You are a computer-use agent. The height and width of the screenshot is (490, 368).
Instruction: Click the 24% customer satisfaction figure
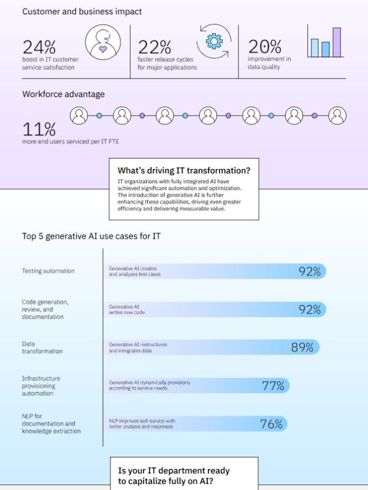click(39, 47)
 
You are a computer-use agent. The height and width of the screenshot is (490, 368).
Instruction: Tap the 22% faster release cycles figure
click(154, 47)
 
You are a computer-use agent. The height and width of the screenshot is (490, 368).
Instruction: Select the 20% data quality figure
click(264, 47)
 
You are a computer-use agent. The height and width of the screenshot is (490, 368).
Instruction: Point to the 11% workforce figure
click(39, 129)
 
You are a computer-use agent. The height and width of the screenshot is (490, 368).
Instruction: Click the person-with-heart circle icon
click(102, 43)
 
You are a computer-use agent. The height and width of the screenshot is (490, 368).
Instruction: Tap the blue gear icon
click(213, 41)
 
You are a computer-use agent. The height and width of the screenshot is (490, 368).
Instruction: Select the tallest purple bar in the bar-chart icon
click(337, 42)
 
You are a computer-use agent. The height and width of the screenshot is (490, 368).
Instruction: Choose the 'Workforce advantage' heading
click(63, 94)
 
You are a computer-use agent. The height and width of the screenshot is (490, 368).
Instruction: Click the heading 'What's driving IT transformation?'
click(184, 170)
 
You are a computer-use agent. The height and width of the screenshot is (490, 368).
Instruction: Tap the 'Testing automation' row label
click(48, 271)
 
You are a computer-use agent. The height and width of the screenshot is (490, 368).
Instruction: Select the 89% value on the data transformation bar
click(302, 347)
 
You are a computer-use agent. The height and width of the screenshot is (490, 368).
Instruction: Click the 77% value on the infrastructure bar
click(273, 385)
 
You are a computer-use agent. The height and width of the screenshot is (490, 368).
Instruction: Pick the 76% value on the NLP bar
click(271, 423)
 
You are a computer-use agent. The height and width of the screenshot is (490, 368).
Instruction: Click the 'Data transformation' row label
click(42, 347)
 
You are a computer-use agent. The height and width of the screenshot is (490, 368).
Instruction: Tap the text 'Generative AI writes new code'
click(127, 309)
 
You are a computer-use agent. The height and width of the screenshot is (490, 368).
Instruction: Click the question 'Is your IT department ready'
click(174, 470)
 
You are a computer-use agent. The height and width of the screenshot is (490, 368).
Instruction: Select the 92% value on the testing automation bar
click(310, 271)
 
